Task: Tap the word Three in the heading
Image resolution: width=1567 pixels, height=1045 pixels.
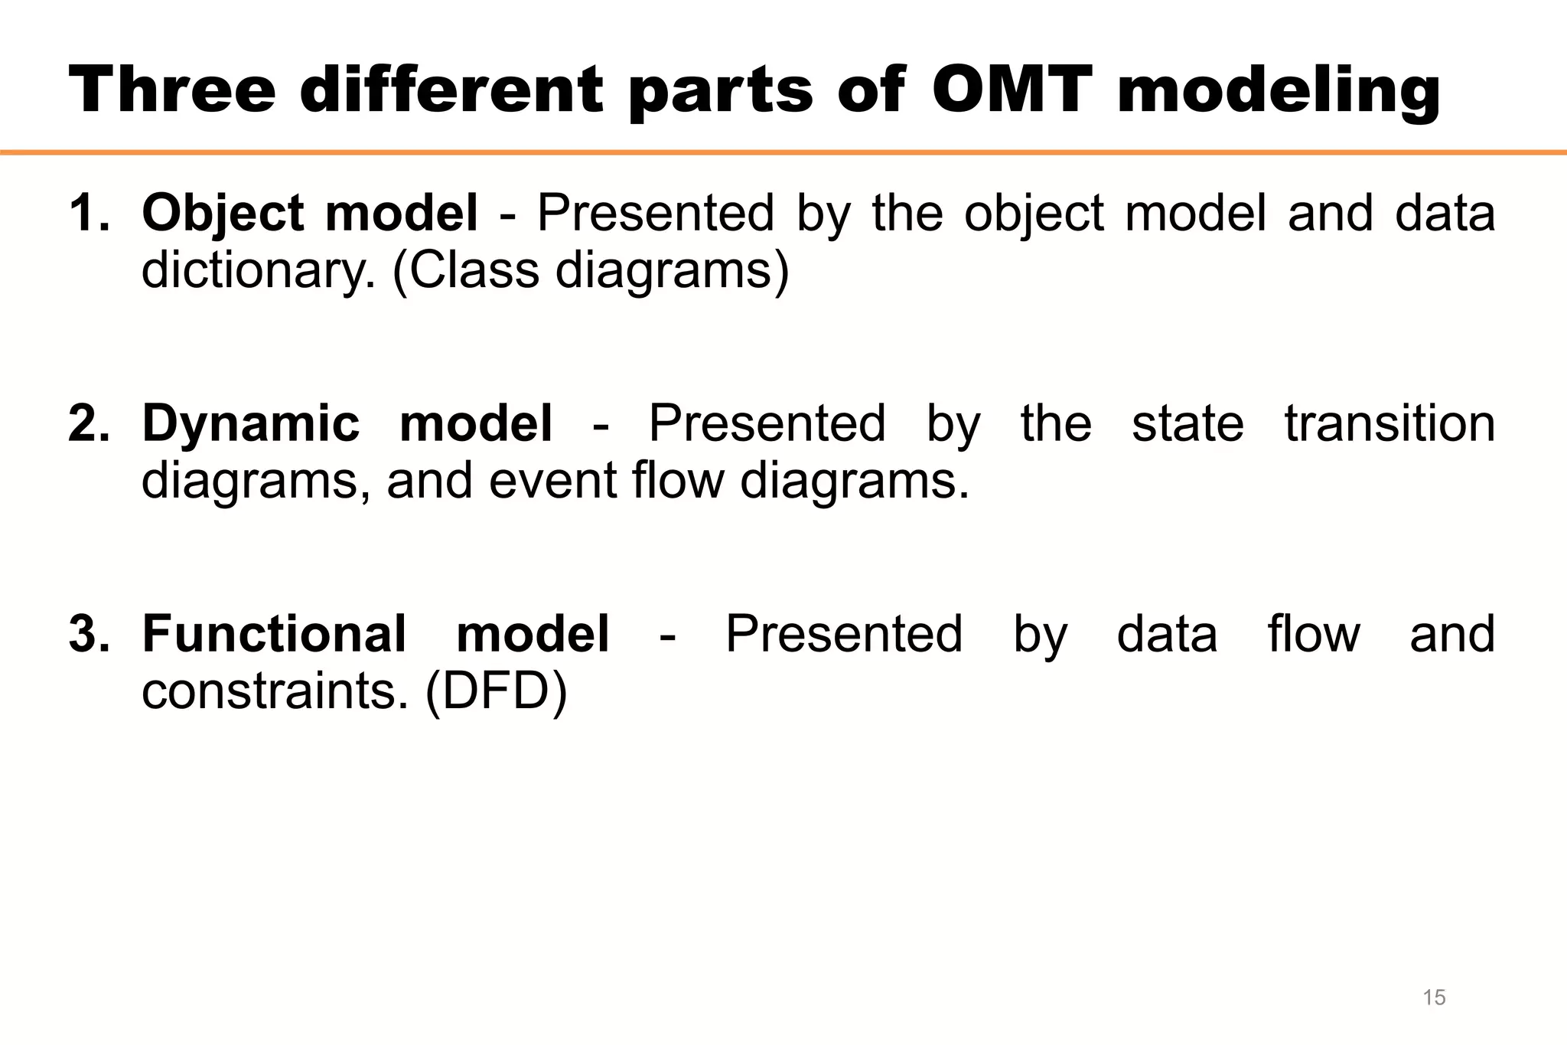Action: [x=172, y=90]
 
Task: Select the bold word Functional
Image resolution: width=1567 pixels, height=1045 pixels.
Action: [x=274, y=634]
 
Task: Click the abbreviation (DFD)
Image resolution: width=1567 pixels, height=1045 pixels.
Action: [x=496, y=692]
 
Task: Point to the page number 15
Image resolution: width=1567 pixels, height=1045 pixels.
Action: [x=1434, y=997]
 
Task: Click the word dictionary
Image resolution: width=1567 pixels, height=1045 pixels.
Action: [x=259, y=271]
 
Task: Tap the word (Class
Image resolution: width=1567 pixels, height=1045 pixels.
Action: [x=466, y=271]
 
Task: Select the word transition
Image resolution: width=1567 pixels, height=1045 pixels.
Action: [x=1389, y=423]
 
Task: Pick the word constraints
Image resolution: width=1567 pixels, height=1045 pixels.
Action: [x=275, y=692]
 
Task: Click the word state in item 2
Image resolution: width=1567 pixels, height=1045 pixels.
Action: [x=1187, y=423]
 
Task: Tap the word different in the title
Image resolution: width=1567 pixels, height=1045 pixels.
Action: [x=451, y=90]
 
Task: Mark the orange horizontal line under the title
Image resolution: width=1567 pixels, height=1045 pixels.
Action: [x=783, y=152]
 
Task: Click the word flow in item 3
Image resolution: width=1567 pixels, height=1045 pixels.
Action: [x=1314, y=634]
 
